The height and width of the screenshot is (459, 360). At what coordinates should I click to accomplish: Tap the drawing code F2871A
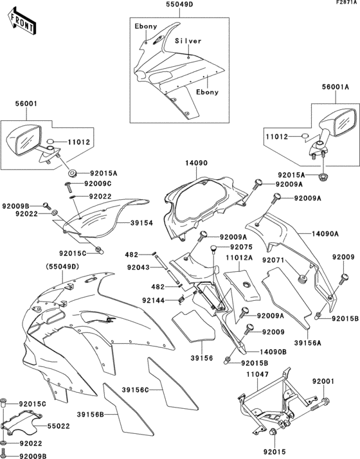click(345, 3)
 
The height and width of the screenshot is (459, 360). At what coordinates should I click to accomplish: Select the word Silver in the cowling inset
click(188, 41)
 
